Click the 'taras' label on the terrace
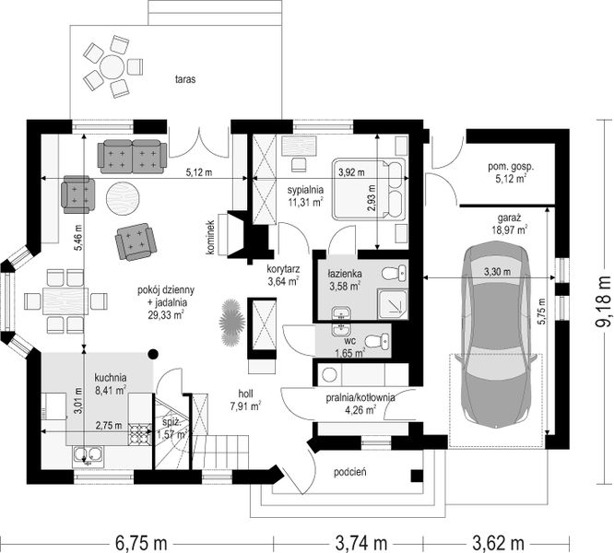(185, 79)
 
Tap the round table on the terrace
(112, 67)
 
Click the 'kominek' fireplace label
(211, 237)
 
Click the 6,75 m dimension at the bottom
(141, 543)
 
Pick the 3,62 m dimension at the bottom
(498, 543)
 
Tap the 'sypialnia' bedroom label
(305, 190)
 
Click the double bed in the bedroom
(370, 189)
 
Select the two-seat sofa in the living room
(133, 157)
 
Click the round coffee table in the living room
(122, 198)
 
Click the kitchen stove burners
(140, 434)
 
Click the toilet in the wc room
(377, 341)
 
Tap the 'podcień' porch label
(350, 473)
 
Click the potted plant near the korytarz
(231, 322)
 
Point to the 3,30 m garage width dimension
(489, 277)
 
